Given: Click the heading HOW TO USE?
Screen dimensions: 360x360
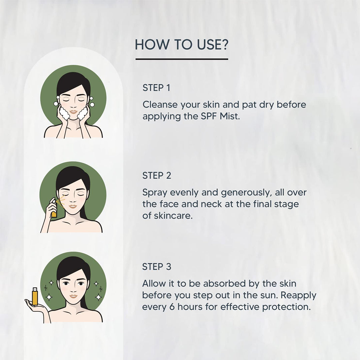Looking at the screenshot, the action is pyautogui.click(x=181, y=45).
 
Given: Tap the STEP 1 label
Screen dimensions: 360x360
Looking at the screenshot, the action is pyautogui.click(x=156, y=88).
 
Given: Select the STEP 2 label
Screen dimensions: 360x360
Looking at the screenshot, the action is pyautogui.click(x=157, y=175).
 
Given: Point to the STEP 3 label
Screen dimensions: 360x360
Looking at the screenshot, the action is pyautogui.click(x=157, y=267).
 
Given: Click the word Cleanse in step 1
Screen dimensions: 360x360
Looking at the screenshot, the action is pyautogui.click(x=160, y=104).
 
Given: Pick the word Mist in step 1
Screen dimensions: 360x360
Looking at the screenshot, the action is pyautogui.click(x=230, y=116).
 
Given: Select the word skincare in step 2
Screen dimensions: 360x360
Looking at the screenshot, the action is pyautogui.click(x=173, y=216).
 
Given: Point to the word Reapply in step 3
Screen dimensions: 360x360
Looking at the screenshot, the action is pyautogui.click(x=298, y=295).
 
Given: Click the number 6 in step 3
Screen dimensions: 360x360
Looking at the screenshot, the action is pyautogui.click(x=172, y=307).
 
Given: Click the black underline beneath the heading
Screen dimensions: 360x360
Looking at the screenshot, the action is pyautogui.click(x=182, y=59).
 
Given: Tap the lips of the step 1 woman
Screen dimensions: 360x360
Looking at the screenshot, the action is pyautogui.click(x=73, y=112).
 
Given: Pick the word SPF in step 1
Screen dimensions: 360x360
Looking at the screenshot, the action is pyautogui.click(x=209, y=116).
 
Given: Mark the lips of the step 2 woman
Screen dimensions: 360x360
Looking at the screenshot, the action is pyautogui.click(x=73, y=207).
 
